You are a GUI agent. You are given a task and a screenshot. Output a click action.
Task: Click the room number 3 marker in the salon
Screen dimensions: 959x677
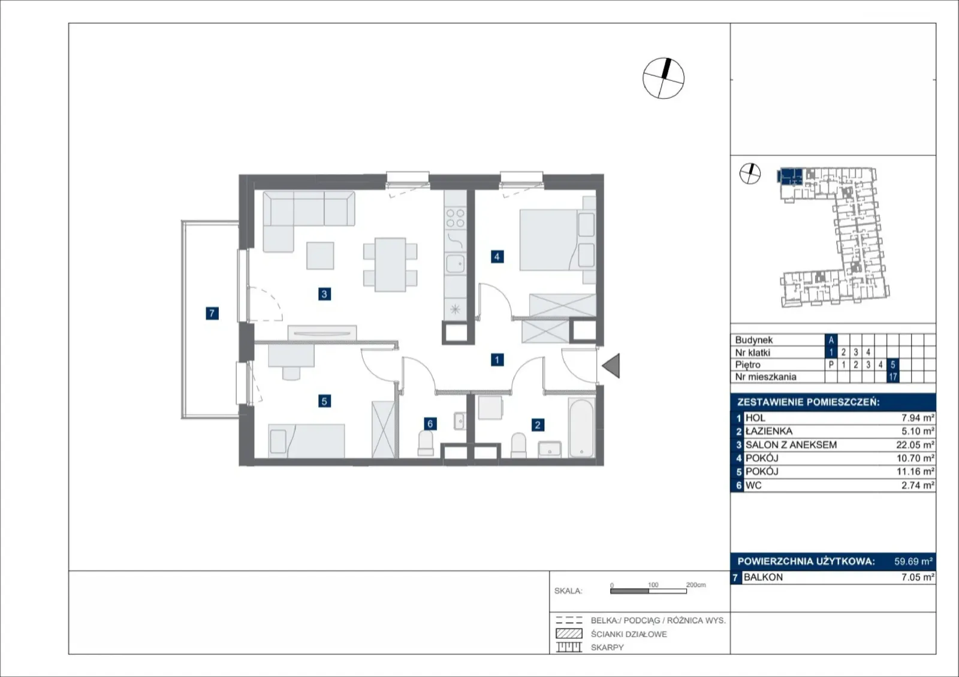pos(324,294)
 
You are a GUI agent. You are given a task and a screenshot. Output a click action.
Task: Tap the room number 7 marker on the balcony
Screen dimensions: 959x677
pos(212,313)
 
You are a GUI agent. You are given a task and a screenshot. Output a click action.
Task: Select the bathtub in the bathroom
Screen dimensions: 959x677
pos(581,428)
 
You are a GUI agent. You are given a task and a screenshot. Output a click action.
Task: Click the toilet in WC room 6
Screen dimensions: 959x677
pos(426,443)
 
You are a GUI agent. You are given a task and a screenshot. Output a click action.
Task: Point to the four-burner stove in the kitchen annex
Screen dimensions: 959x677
pos(455,218)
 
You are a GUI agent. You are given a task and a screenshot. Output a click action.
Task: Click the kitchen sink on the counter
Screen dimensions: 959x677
pos(455,264)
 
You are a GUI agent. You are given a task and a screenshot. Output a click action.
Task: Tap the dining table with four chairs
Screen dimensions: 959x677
pos(390,264)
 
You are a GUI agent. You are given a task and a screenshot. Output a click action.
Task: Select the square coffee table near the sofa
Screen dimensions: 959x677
pos(320,255)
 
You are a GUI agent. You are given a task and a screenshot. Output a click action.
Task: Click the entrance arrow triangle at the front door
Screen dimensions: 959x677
pos(611,366)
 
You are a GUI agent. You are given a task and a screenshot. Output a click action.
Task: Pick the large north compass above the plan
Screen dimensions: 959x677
pos(664,79)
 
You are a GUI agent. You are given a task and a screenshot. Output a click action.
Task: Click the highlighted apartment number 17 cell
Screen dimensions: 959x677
pos(892,377)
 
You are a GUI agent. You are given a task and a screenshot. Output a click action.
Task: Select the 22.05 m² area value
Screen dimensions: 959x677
pos(915,445)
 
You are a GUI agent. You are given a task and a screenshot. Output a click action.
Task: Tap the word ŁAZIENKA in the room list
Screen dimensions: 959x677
pos(769,431)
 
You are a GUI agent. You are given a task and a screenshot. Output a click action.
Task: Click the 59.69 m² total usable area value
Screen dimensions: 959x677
pos(913,561)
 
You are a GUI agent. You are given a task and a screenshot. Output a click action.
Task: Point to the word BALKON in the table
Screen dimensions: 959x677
pos(764,577)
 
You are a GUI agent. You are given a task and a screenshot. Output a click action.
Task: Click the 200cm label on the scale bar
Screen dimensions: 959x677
pos(696,585)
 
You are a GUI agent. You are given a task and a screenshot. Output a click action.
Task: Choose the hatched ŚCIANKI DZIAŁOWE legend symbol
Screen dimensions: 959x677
pos(569,633)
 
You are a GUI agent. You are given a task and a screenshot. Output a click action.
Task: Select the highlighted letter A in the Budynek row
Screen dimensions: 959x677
pos(831,340)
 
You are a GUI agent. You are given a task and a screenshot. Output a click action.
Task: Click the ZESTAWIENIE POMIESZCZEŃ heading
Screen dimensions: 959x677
pos(809,402)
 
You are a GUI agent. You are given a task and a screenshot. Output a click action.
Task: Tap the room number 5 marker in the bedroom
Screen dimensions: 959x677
pos(324,401)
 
